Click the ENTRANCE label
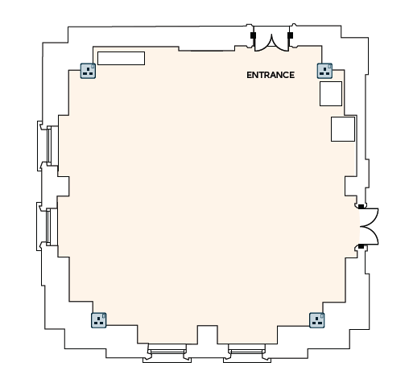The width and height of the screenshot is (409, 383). [271, 75]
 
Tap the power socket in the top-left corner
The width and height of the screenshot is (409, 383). [88, 71]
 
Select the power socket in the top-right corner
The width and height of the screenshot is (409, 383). [324, 71]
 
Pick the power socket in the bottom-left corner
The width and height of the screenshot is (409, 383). [99, 320]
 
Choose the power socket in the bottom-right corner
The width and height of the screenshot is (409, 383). [317, 320]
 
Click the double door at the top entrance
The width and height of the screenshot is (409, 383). [271, 43]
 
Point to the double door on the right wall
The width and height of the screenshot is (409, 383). [370, 227]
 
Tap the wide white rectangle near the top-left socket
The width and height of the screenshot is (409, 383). [121, 58]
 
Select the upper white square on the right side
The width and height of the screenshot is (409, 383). [331, 93]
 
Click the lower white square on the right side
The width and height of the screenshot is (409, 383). [343, 129]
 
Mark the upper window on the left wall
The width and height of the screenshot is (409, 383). [49, 146]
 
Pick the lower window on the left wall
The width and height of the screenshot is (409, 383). [48, 227]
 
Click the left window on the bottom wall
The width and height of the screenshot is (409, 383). [167, 350]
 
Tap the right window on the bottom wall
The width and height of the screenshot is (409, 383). [246, 350]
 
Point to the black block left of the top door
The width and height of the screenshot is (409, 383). [253, 35]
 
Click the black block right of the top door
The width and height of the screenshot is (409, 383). [290, 35]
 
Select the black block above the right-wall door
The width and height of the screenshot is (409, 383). [361, 207]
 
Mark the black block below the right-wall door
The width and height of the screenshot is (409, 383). [361, 246]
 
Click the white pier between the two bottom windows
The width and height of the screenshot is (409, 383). [208, 335]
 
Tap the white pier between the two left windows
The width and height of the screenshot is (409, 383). [64, 187]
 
